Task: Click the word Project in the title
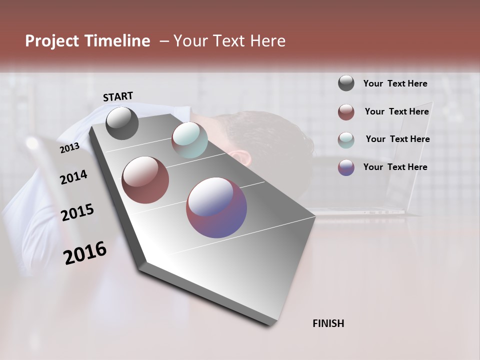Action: tap(52, 41)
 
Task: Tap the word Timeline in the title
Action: tap(117, 41)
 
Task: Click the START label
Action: tap(118, 96)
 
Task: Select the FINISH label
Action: tap(328, 323)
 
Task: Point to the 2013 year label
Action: tap(69, 148)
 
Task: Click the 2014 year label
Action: tap(73, 177)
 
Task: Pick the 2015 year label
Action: tap(77, 212)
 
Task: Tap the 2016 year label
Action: tap(85, 253)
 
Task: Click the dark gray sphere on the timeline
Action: tap(122, 123)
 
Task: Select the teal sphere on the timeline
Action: tap(189, 140)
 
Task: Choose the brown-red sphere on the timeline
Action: tap(145, 180)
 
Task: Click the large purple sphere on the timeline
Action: tap(216, 207)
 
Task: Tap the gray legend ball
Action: tap(346, 83)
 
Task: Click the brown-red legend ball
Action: tap(346, 112)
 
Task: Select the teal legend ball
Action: tap(346, 139)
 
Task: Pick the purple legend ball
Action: tap(346, 167)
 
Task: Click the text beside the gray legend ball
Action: tap(395, 84)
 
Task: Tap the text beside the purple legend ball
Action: tap(395, 167)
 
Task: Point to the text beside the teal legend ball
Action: tap(397, 139)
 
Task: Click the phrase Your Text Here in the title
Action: tap(229, 41)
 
